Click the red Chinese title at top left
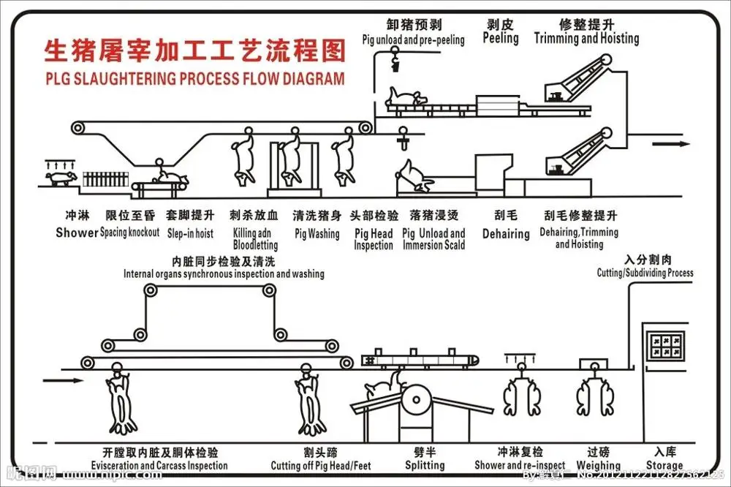click(194, 51)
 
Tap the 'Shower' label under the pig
click(77, 233)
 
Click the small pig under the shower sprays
click(61, 178)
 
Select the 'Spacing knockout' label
click(129, 233)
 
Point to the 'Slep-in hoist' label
click(190, 233)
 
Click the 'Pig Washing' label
click(317, 234)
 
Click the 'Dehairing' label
click(506, 234)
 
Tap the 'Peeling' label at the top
click(501, 38)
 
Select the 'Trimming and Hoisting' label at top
click(586, 38)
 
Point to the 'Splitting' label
click(425, 465)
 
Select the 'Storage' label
click(664, 465)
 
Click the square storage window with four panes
click(665, 341)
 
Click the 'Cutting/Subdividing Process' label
click(645, 273)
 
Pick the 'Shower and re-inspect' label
click(520, 465)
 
